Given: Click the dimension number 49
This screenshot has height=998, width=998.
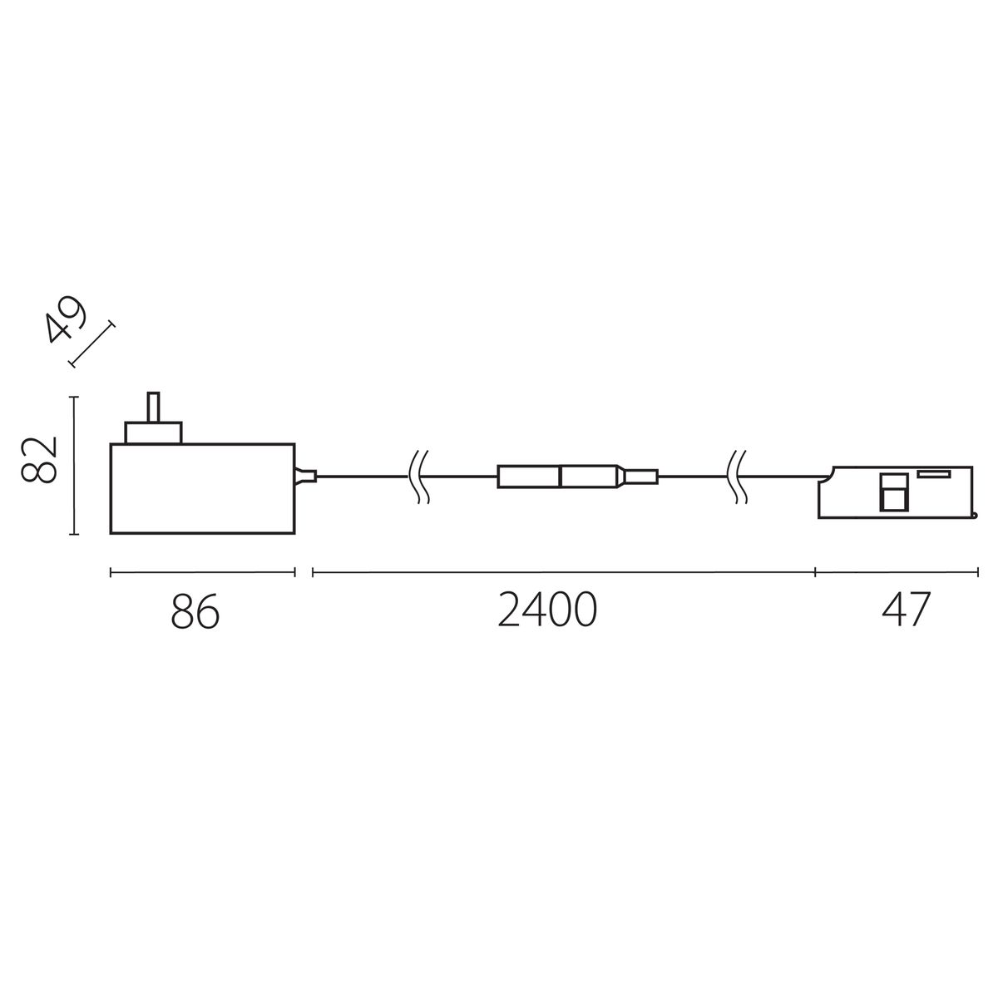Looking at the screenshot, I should coord(67,320).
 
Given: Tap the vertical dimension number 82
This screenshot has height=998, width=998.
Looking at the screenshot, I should coord(40,458).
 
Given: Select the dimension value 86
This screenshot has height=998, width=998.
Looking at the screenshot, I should coord(195,613).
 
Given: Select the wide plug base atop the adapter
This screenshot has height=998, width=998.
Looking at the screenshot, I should coord(153,432).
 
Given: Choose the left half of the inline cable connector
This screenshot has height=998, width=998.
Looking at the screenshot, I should coord(529,477).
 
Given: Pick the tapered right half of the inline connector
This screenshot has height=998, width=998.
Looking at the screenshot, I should coord(590,477).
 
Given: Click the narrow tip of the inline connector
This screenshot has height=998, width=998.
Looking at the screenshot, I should coord(641,477).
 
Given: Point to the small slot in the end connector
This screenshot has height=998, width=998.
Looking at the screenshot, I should coord(935,473).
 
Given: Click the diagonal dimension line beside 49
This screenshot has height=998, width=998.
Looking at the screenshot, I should coord(92,343).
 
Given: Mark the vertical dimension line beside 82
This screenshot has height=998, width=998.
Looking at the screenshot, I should coord(75,466).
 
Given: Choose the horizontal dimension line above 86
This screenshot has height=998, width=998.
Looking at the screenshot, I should coord(202,572).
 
